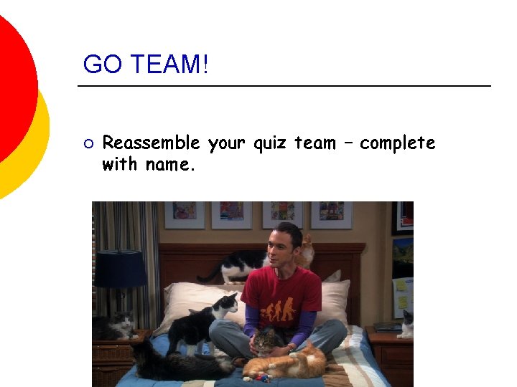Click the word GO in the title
pyautogui.click(x=100, y=64)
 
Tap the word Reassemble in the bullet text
pyautogui.click(x=151, y=143)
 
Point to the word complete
pyautogui.click(x=397, y=143)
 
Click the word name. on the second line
pyautogui.click(x=170, y=165)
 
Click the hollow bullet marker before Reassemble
pyautogui.click(x=88, y=144)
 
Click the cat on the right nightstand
pyautogui.click(x=406, y=324)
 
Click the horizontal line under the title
pyautogui.click(x=284, y=87)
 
